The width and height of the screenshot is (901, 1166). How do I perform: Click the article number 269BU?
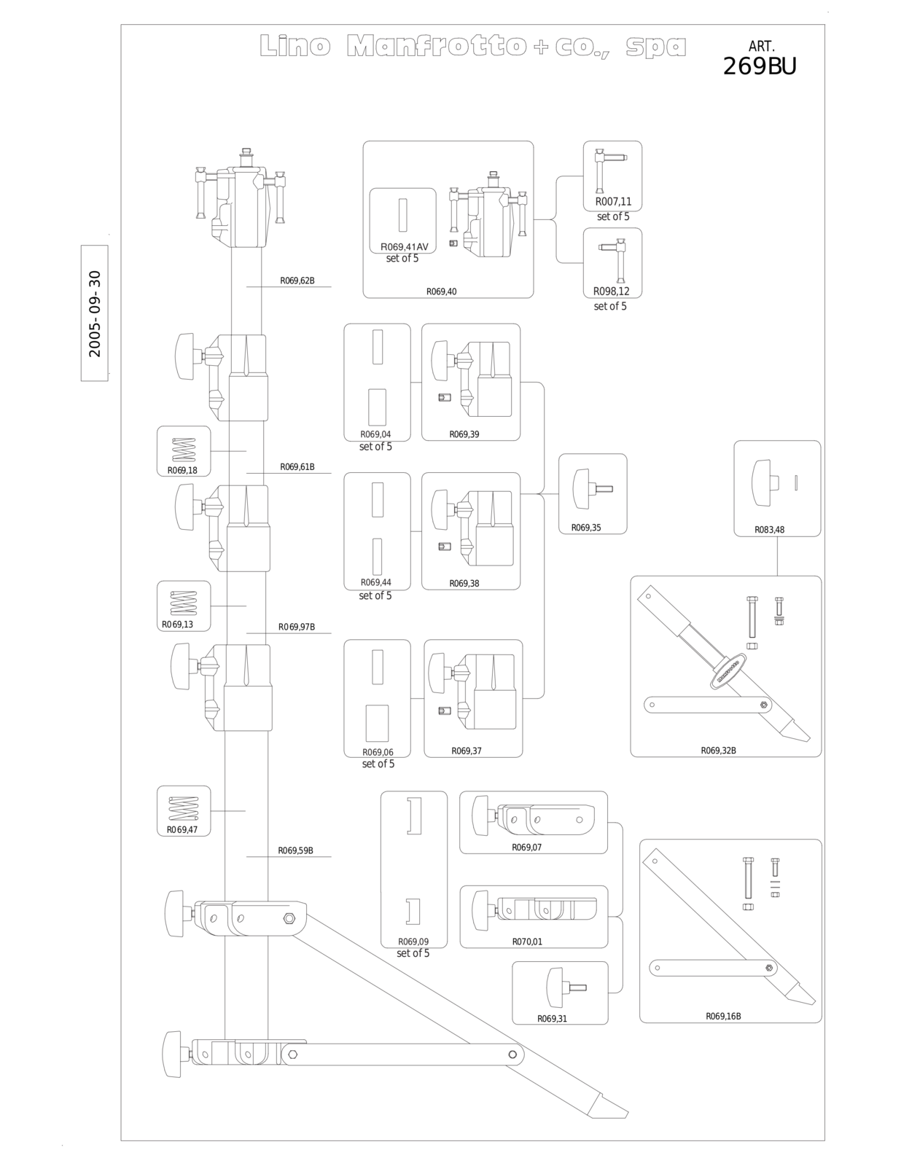click(x=760, y=66)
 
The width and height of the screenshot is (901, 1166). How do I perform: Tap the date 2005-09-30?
click(x=95, y=314)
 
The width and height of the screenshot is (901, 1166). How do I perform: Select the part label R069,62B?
click(x=297, y=281)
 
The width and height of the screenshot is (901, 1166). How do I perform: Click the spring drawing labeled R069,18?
click(x=183, y=450)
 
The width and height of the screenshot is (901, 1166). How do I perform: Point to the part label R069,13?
click(x=178, y=625)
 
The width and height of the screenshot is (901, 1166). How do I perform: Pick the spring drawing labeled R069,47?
click(x=184, y=809)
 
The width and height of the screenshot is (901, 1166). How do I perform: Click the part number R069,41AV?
click(x=405, y=247)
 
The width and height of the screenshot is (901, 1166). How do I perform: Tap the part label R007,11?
click(x=613, y=202)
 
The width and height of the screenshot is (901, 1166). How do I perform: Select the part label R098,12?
click(x=611, y=291)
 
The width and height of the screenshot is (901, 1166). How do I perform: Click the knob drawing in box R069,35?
click(x=592, y=488)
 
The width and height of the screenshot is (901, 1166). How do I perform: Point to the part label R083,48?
click(x=770, y=530)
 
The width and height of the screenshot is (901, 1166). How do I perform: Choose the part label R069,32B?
click(x=719, y=751)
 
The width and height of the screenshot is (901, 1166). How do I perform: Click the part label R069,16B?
click(x=723, y=1017)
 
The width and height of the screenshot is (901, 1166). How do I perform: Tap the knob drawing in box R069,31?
click(x=566, y=987)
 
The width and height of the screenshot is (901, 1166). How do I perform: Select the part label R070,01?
click(x=527, y=942)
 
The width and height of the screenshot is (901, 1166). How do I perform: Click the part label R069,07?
click(x=526, y=848)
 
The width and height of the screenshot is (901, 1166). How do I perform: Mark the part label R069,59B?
click(x=296, y=850)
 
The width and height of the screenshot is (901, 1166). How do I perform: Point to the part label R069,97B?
click(x=297, y=627)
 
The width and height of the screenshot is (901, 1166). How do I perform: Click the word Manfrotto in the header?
click(x=436, y=46)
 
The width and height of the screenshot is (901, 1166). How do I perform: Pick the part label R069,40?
click(x=442, y=292)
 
